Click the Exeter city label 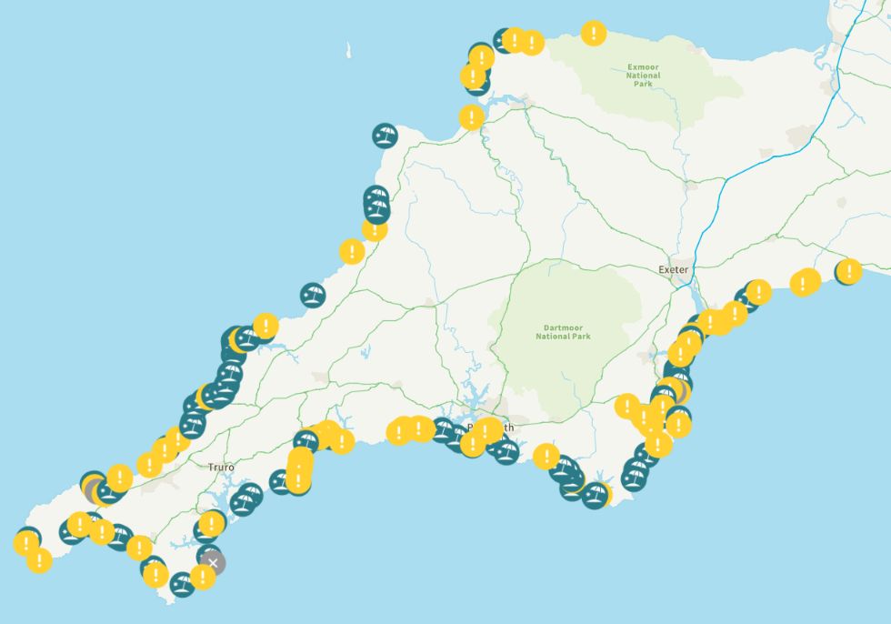[x=674, y=270]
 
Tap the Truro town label [x=221, y=468]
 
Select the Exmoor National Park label [x=643, y=72]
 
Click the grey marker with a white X [x=213, y=563]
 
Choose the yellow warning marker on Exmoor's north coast [x=594, y=34]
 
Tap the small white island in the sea [x=348, y=51]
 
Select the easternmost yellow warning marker [x=848, y=270]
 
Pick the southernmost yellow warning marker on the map [x=203, y=576]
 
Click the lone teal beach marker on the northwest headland [x=385, y=136]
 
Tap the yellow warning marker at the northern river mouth [x=471, y=116]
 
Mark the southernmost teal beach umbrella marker [x=182, y=584]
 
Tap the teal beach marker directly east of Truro [x=247, y=497]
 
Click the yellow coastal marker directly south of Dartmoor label [x=546, y=456]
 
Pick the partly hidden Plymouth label [x=490, y=428]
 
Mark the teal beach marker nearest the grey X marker [x=208, y=554]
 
